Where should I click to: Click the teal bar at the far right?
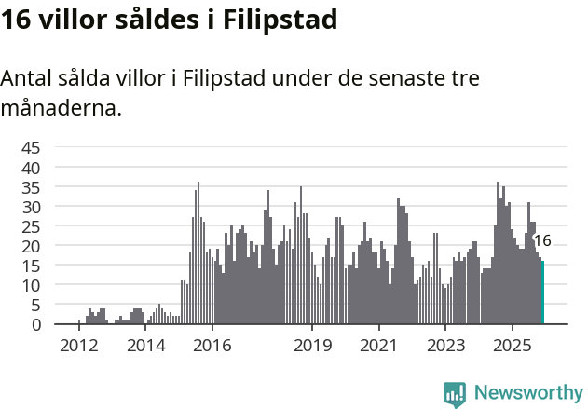pos(542,293)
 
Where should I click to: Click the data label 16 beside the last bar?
pos(542,240)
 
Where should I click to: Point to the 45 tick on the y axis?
pos(31,147)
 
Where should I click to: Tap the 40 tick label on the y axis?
pos(31,167)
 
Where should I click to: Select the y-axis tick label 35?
pos(31,186)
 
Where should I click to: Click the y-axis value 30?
pos(31,206)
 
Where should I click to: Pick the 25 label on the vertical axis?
pos(31,225)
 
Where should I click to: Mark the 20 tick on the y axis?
pos(31,246)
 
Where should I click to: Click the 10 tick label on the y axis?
pos(31,285)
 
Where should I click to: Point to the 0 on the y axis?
pos(36,324)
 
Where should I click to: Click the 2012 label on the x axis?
pos(78,346)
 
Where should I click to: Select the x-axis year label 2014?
pos(145,346)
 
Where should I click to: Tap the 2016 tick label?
pos(212,346)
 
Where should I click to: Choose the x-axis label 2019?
pos(312,346)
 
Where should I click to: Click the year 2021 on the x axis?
pos(378,346)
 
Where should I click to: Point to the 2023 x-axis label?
pos(445,346)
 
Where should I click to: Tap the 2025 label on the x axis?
pos(512,346)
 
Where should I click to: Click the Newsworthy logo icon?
pos(455,393)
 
